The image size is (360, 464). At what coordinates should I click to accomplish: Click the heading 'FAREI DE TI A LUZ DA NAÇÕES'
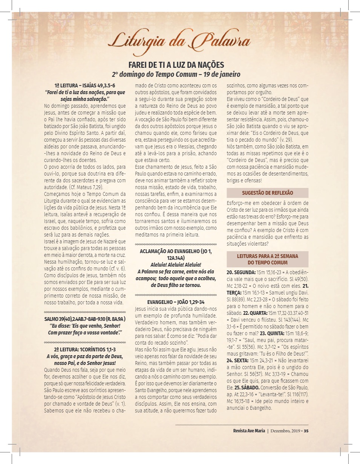[x=176, y=64]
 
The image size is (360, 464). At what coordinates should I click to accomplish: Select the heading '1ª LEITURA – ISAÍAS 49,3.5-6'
[x=85, y=86]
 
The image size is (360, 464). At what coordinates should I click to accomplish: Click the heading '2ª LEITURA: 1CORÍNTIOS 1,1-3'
[x=85, y=350]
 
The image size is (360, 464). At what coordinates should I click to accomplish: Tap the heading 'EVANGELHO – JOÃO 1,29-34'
[x=176, y=302]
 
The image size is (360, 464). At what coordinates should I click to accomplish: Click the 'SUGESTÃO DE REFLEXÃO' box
[x=267, y=193]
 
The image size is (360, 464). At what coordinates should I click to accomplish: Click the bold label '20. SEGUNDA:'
[x=241, y=272]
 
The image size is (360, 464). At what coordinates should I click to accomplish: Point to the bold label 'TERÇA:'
[x=234, y=292]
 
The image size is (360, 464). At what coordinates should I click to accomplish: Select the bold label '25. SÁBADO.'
[x=247, y=388]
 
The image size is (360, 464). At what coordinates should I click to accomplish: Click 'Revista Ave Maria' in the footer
[x=250, y=431]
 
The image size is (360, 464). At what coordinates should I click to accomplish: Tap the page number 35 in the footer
[x=306, y=431]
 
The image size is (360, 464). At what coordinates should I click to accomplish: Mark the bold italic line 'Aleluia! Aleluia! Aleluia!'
[x=176, y=265]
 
